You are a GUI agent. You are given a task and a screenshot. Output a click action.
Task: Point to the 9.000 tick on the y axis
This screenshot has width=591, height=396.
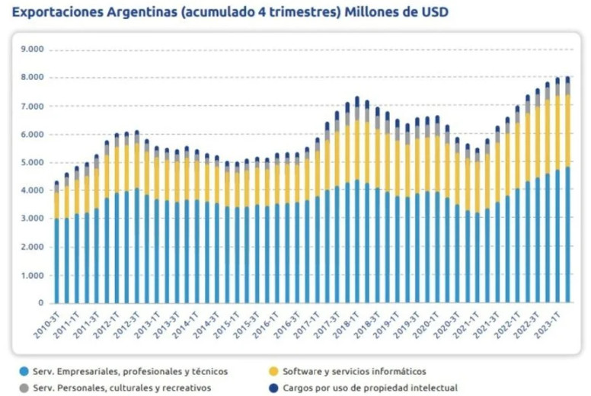click(x=33, y=49)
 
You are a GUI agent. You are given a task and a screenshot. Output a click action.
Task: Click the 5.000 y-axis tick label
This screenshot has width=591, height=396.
click(x=33, y=162)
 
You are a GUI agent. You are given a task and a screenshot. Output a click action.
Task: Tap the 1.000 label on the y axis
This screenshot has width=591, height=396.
click(x=33, y=275)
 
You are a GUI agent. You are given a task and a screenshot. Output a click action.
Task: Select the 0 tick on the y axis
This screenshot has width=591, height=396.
click(x=41, y=303)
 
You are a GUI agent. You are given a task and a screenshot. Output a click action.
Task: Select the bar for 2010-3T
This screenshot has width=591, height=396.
click(x=56, y=244)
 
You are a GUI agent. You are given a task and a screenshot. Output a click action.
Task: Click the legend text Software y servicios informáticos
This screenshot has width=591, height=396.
click(x=354, y=372)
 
